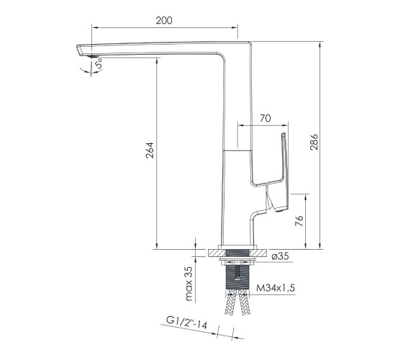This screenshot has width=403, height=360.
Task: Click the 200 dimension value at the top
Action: (x=164, y=20)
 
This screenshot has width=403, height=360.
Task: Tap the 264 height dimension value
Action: (x=150, y=150)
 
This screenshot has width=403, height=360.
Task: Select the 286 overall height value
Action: (x=314, y=142)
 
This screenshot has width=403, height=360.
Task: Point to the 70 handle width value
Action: (x=266, y=118)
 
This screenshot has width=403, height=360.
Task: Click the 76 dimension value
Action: (x=299, y=221)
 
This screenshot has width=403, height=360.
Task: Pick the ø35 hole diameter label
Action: (x=280, y=256)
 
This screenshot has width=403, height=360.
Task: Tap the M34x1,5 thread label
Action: (x=276, y=288)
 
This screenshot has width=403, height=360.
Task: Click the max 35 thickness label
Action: (x=189, y=284)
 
